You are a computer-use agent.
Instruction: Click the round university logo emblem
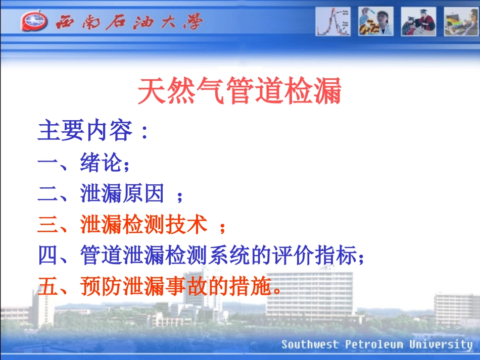(x=35, y=22)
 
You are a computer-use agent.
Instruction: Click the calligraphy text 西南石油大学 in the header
(x=128, y=22)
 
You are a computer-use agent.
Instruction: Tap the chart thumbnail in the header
(x=333, y=22)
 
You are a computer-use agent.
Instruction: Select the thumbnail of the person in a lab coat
(x=376, y=22)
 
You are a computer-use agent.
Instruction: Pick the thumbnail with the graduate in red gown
(x=418, y=22)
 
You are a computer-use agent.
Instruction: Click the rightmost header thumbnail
(x=461, y=22)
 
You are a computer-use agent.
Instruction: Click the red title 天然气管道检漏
(x=240, y=91)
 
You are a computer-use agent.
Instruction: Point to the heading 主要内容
(x=86, y=131)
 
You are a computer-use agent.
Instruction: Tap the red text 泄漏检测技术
(x=143, y=225)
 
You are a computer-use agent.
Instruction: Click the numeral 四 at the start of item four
(x=48, y=256)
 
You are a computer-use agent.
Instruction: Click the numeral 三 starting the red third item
(x=48, y=225)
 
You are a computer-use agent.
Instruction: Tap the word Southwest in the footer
(x=310, y=345)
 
